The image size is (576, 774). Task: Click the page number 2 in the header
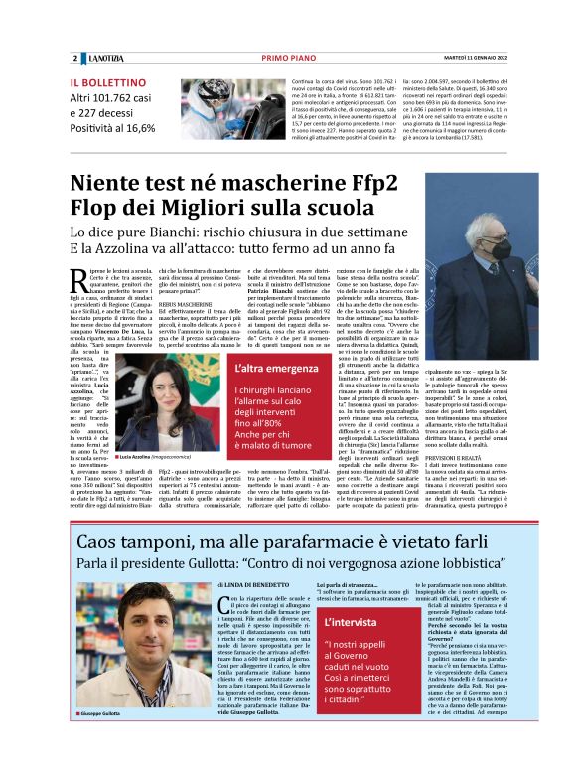point(74,58)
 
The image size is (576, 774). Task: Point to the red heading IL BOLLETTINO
point(108,82)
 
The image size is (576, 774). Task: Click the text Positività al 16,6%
point(112,128)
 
